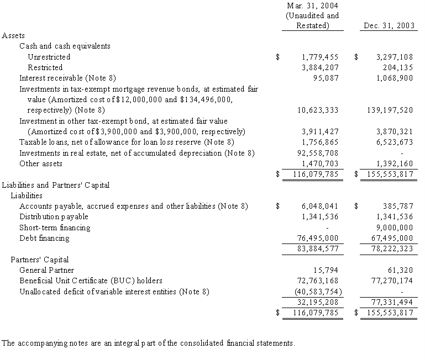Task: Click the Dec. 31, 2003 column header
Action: coord(388,26)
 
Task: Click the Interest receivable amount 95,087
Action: coord(326,78)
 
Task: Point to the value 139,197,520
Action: coord(390,110)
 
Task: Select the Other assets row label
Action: coord(41,163)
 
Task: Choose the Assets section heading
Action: coord(13,35)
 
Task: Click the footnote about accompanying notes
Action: coord(148,343)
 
